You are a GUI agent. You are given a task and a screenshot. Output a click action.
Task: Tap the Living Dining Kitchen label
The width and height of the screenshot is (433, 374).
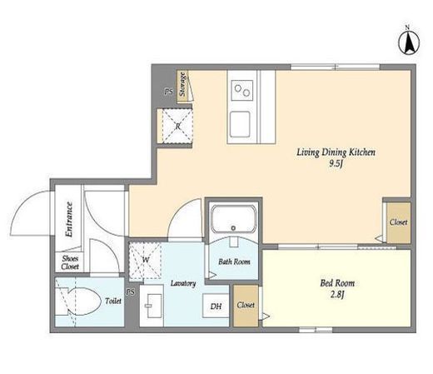coord(336,152)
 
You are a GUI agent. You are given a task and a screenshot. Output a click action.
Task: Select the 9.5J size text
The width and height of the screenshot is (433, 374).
coord(336,164)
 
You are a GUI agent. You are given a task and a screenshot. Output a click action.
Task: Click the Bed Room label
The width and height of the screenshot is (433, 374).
coord(337,283)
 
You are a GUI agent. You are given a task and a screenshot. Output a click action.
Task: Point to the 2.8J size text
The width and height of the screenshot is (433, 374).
coord(337,295)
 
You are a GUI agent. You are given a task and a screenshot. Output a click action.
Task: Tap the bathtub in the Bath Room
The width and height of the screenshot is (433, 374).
coord(233,219)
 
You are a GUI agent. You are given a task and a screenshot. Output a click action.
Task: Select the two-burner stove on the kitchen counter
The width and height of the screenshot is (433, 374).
coord(242,90)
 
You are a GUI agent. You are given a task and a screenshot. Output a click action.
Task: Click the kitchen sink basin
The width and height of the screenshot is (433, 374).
coord(240,124)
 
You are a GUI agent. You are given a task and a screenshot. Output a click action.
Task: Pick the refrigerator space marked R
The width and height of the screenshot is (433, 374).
coord(177,126)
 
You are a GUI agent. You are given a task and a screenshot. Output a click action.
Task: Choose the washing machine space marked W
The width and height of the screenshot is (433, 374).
coord(145,260)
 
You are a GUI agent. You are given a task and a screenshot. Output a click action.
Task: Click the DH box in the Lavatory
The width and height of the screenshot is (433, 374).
coord(216,306)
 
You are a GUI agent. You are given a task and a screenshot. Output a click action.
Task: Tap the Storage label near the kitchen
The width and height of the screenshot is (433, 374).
coord(182,84)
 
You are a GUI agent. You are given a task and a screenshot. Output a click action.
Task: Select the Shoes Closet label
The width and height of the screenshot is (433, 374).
coord(70,262)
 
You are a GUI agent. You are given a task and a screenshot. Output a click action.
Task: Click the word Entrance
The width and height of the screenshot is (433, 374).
coord(68,219)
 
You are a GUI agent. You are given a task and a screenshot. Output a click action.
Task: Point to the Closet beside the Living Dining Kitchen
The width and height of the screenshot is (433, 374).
coord(399,222)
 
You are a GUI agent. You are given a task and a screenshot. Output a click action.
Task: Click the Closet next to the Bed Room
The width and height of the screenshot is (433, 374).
coord(246,306)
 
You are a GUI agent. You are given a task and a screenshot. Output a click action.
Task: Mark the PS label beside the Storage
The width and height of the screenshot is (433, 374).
coord(168,92)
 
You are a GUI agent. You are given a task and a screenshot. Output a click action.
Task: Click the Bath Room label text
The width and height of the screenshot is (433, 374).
coord(234,262)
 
